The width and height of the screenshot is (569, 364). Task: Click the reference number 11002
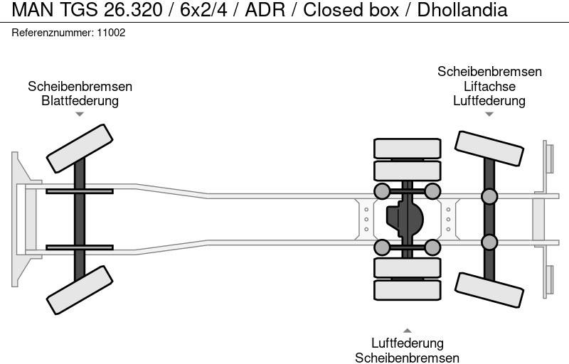pyautogui.click(x=111, y=33)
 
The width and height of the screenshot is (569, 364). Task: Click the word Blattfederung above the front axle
pyautogui.click(x=80, y=101)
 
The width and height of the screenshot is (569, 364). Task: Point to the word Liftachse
pyautogui.click(x=489, y=86)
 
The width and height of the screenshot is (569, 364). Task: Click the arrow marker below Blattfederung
pyautogui.click(x=80, y=114)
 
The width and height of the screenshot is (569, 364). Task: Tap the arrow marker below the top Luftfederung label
pyautogui.click(x=489, y=114)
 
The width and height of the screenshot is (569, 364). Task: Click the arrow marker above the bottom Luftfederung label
pyautogui.click(x=407, y=330)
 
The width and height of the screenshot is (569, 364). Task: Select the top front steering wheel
pyautogui.click(x=80, y=148)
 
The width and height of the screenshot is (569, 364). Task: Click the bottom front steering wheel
pyautogui.click(x=80, y=290)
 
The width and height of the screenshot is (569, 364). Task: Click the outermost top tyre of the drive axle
pyautogui.click(x=407, y=148)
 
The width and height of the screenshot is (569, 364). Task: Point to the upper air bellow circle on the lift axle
pyautogui.click(x=489, y=196)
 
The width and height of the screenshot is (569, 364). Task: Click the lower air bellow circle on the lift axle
pyautogui.click(x=489, y=242)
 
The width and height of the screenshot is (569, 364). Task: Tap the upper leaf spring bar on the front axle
pyautogui.click(x=80, y=191)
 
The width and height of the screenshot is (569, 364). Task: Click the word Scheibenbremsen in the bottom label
pyautogui.click(x=407, y=358)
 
